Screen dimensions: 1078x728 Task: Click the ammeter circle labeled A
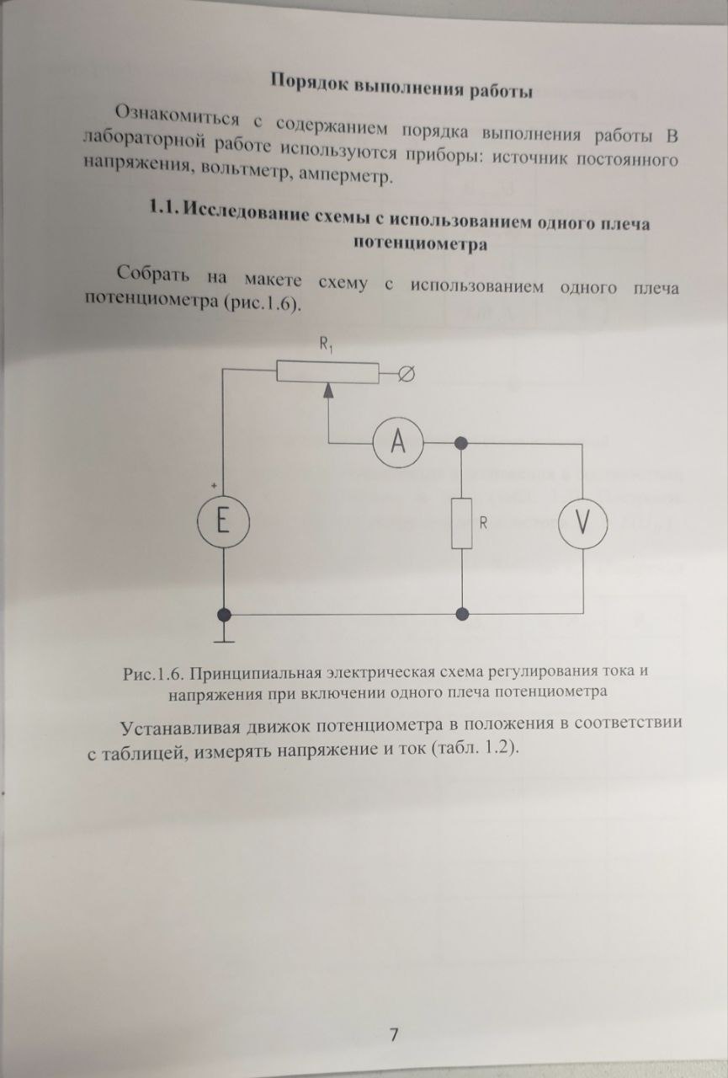[400, 443]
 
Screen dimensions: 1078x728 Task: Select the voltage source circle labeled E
[223, 522]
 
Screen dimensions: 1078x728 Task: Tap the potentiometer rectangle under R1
[328, 371]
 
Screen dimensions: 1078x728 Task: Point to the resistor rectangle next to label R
[461, 523]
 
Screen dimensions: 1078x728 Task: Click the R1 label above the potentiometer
[326, 344]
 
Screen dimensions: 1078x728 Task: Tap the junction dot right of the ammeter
[461, 443]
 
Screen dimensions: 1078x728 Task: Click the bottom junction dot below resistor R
[461, 615]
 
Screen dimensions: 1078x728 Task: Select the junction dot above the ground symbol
[224, 615]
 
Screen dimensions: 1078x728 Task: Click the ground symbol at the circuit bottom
[224, 638]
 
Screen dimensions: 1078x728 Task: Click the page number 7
[393, 1034]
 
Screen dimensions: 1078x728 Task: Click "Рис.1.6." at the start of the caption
[154, 673]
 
